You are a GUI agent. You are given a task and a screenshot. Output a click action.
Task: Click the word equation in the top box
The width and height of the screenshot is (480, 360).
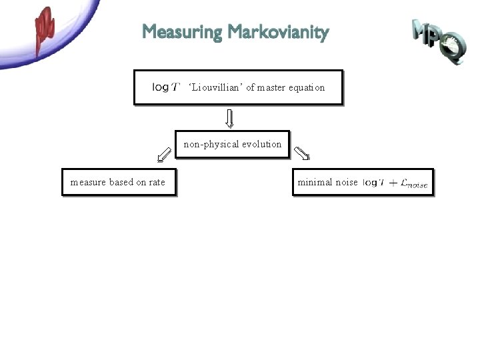(x=307, y=87)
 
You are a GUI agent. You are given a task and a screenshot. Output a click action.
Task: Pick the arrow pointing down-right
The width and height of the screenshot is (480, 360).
(x=302, y=154)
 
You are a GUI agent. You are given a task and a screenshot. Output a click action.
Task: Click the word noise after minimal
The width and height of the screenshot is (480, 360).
(x=346, y=182)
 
